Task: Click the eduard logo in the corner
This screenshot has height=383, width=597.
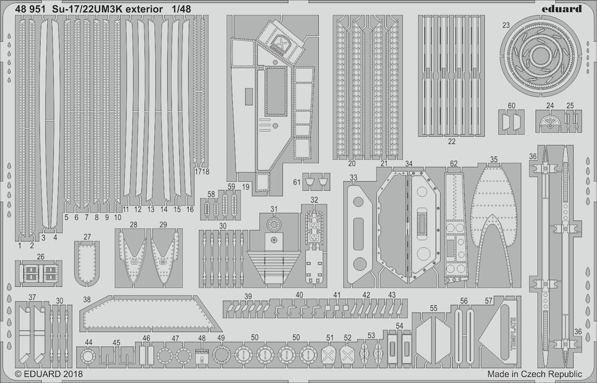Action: pyautogui.click(x=564, y=8)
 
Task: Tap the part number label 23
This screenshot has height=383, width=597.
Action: pyautogui.click(x=506, y=26)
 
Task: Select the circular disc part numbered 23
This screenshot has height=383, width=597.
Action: pyautogui.click(x=541, y=56)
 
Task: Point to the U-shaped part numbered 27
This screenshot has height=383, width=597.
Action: pyautogui.click(x=87, y=263)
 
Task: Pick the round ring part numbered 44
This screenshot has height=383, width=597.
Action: pyautogui.click(x=88, y=357)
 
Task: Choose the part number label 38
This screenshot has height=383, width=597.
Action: pyautogui.click(x=87, y=299)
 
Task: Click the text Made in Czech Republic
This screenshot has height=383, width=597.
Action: pyautogui.click(x=534, y=374)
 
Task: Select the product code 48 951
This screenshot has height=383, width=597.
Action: pyautogui.click(x=30, y=8)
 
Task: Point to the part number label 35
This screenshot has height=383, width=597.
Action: pyautogui.click(x=494, y=160)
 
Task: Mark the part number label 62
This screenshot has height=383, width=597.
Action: pyautogui.click(x=454, y=164)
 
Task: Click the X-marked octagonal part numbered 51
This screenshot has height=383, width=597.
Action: pyautogui.click(x=329, y=356)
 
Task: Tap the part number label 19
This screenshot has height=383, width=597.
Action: pyautogui.click(x=245, y=187)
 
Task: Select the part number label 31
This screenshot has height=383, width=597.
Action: pyautogui.click(x=274, y=209)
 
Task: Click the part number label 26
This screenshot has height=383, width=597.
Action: pyautogui.click(x=41, y=256)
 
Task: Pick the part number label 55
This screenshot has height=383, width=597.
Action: pyautogui.click(x=433, y=308)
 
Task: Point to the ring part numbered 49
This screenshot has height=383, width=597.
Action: pyautogui.click(x=221, y=355)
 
